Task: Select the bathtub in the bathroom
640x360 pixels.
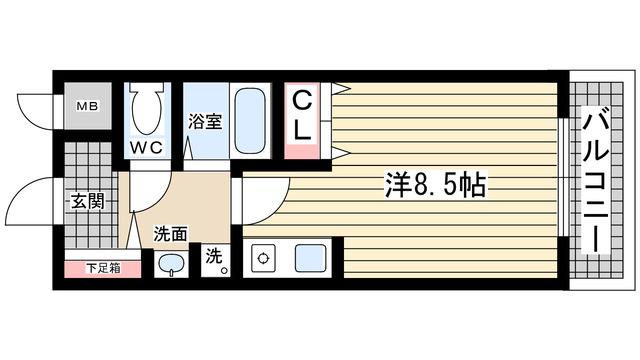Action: (x=249, y=118)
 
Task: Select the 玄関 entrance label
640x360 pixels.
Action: (x=87, y=200)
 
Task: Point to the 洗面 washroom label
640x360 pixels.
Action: (x=170, y=234)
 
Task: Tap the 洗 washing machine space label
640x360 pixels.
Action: (x=213, y=257)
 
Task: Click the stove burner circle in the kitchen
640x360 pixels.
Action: (x=264, y=258)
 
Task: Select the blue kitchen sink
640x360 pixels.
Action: (x=311, y=258)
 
